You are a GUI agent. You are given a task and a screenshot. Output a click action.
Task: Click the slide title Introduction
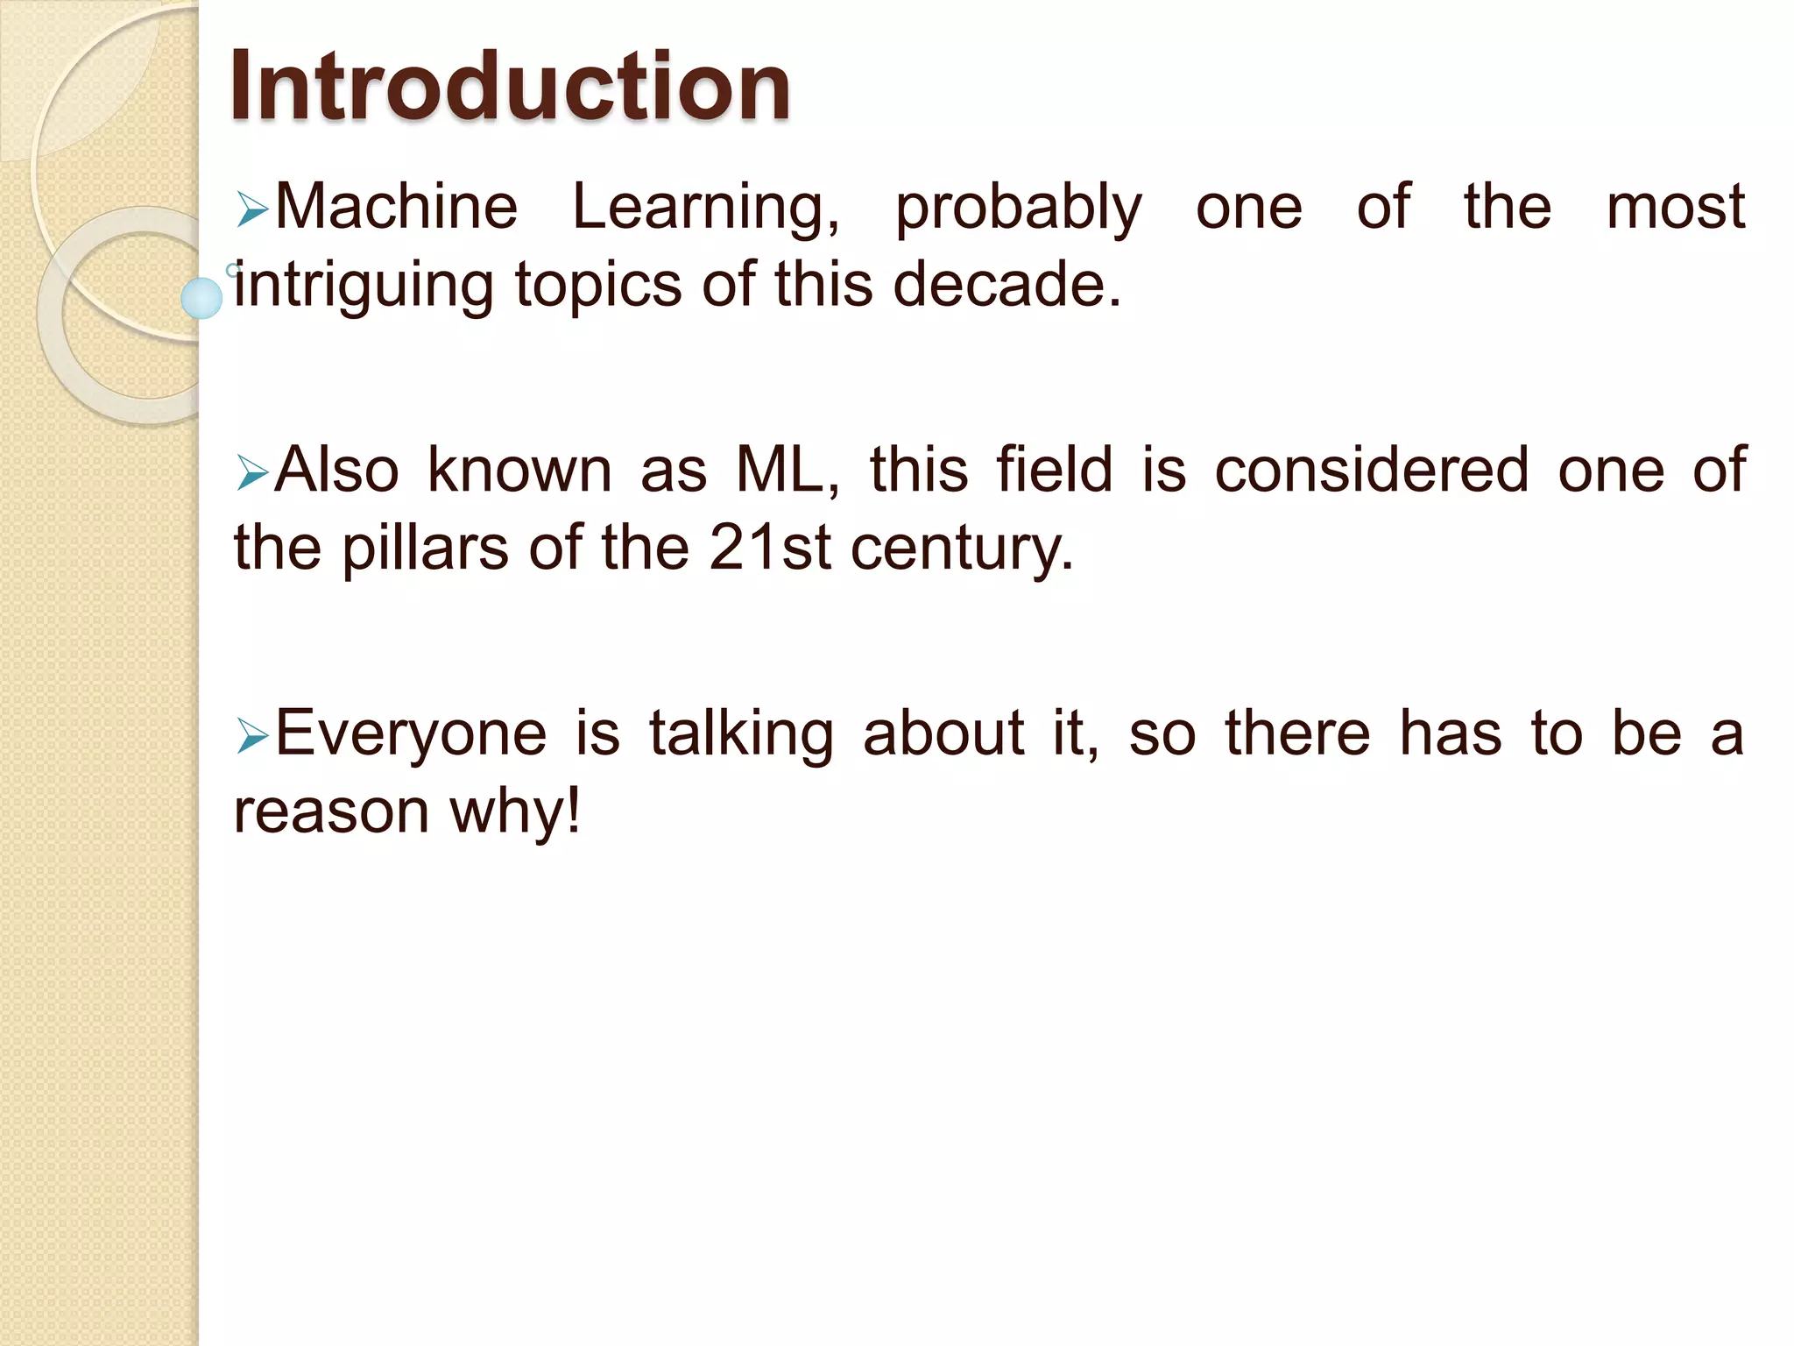tap(510, 86)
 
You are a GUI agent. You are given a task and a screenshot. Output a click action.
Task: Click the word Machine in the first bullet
tap(397, 207)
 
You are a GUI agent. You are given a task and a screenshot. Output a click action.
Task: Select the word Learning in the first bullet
tap(705, 209)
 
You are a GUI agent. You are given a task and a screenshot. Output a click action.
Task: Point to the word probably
tap(1019, 210)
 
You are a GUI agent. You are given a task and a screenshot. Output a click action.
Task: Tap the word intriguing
tap(364, 287)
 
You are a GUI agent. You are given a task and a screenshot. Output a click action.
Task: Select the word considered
tap(1372, 470)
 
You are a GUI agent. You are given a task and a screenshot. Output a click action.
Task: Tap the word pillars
tap(425, 549)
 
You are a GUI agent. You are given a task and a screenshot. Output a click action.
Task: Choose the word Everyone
tap(411, 734)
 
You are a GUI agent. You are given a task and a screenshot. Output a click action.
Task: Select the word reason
tap(331, 811)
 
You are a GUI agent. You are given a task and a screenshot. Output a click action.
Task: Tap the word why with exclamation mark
tap(515, 811)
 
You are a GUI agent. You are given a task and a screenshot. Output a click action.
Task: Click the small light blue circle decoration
tap(201, 298)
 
